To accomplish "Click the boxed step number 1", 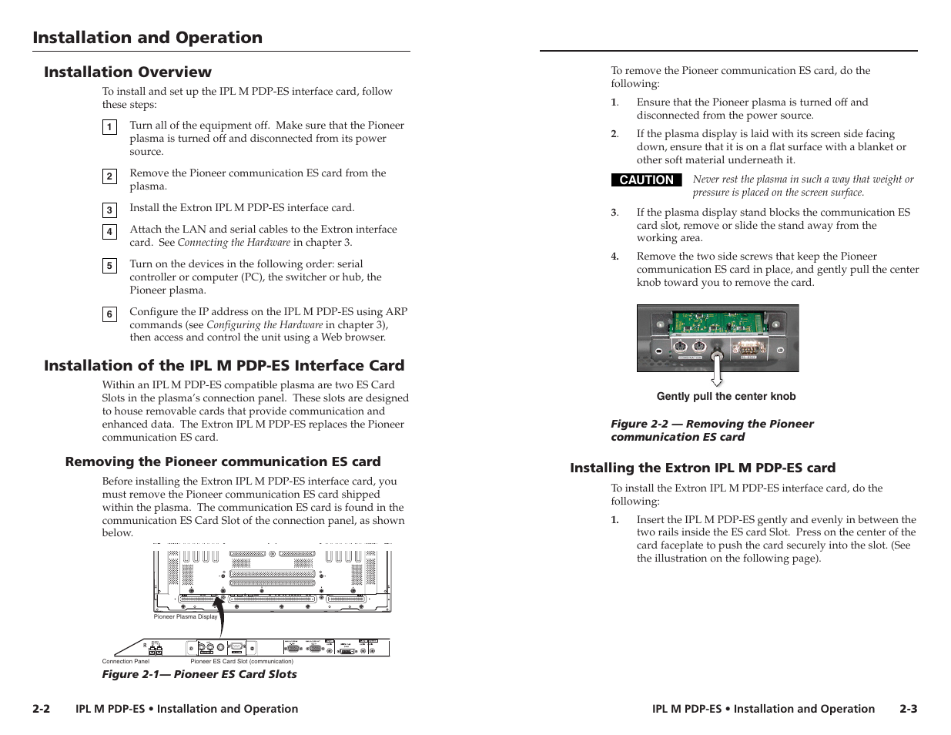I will click(109, 127).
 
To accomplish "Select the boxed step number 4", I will click(109, 231).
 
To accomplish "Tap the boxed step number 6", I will click(109, 314).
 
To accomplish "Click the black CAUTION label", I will click(646, 180).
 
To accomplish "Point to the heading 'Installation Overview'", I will click(127, 72).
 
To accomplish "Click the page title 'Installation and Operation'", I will click(147, 38).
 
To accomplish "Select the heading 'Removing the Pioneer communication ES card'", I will click(223, 461).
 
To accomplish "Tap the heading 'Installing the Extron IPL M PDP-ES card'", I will click(702, 468).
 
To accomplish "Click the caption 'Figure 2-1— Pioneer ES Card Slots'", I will click(199, 674).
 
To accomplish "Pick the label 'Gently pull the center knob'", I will click(725, 397).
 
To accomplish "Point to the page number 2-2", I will click(42, 709).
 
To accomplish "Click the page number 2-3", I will click(908, 709).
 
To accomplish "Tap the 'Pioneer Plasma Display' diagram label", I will click(186, 616).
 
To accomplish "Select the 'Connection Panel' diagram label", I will click(126, 661).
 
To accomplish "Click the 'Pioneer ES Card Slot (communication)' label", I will click(242, 661).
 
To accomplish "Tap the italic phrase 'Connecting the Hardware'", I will click(234, 243).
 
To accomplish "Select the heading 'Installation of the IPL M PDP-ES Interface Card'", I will click(224, 366).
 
